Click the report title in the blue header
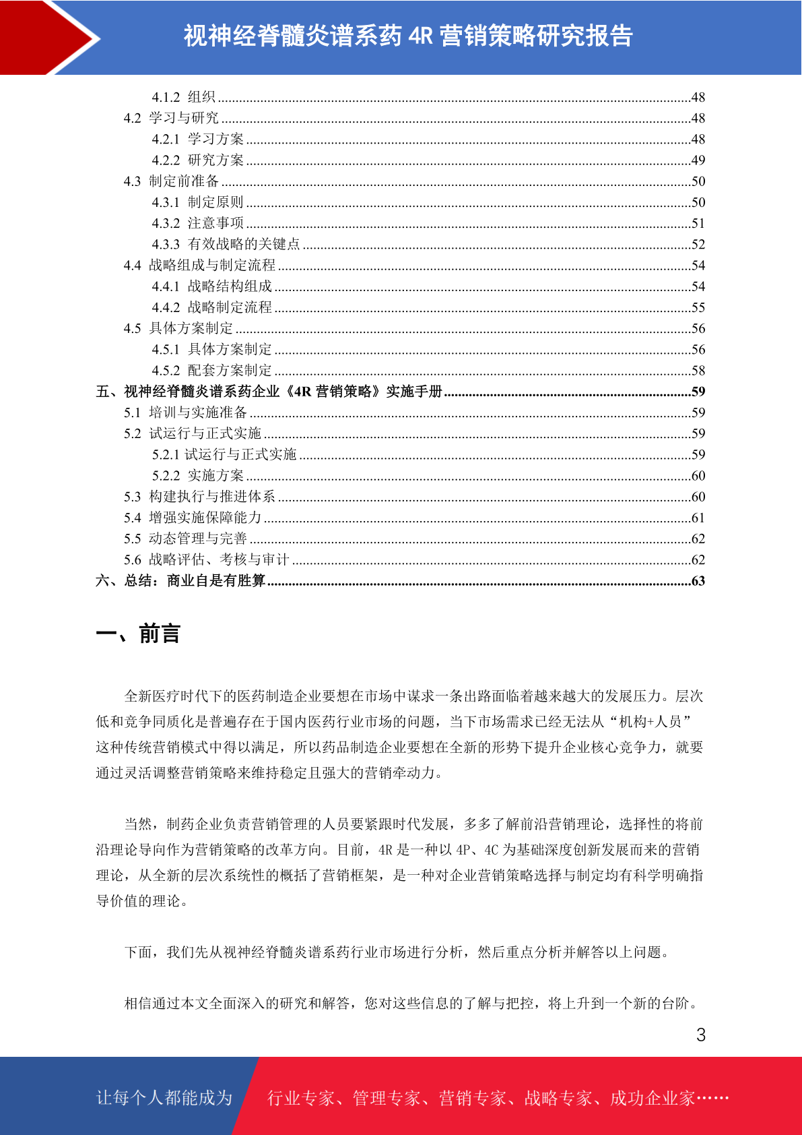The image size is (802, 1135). (x=408, y=36)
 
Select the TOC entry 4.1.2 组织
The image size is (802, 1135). (x=184, y=97)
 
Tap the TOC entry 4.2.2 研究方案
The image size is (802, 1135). (x=198, y=160)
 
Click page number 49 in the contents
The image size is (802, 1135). (x=698, y=160)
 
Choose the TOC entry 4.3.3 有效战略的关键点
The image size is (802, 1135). (x=226, y=244)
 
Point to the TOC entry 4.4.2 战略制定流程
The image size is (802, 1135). (x=212, y=307)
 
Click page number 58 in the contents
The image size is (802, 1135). (x=698, y=371)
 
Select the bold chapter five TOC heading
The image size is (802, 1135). (x=269, y=392)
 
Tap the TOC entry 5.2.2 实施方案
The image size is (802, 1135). (x=198, y=476)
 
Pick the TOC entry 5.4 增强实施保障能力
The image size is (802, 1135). (x=193, y=518)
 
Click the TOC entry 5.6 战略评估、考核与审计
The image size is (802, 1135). (x=207, y=559)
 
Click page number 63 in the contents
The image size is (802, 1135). (x=698, y=581)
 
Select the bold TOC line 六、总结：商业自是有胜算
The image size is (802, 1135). (x=180, y=581)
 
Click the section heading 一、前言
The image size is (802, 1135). (x=138, y=634)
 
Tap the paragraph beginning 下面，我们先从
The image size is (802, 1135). (x=397, y=952)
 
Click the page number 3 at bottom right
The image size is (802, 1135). (x=701, y=1035)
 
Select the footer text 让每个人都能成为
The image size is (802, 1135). (x=164, y=1098)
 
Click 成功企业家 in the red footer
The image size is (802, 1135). (x=652, y=1099)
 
